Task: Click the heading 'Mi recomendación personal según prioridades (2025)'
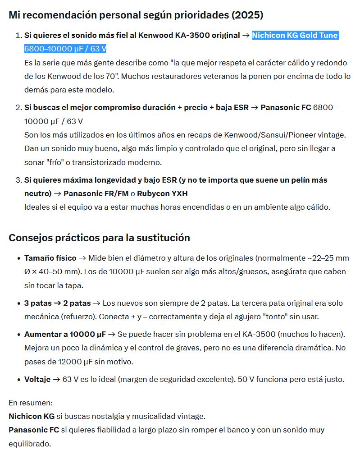click(136, 15)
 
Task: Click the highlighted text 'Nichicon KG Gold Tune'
click(295, 35)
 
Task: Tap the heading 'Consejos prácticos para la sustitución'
click(99, 238)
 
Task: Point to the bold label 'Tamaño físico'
click(50, 258)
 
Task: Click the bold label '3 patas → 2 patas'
click(57, 303)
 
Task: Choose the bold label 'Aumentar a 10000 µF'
click(65, 334)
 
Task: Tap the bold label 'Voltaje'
click(37, 379)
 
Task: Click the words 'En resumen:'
click(31, 402)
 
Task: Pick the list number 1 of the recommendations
click(18, 35)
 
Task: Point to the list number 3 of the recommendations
click(18, 180)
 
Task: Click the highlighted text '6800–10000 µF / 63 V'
click(65, 49)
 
